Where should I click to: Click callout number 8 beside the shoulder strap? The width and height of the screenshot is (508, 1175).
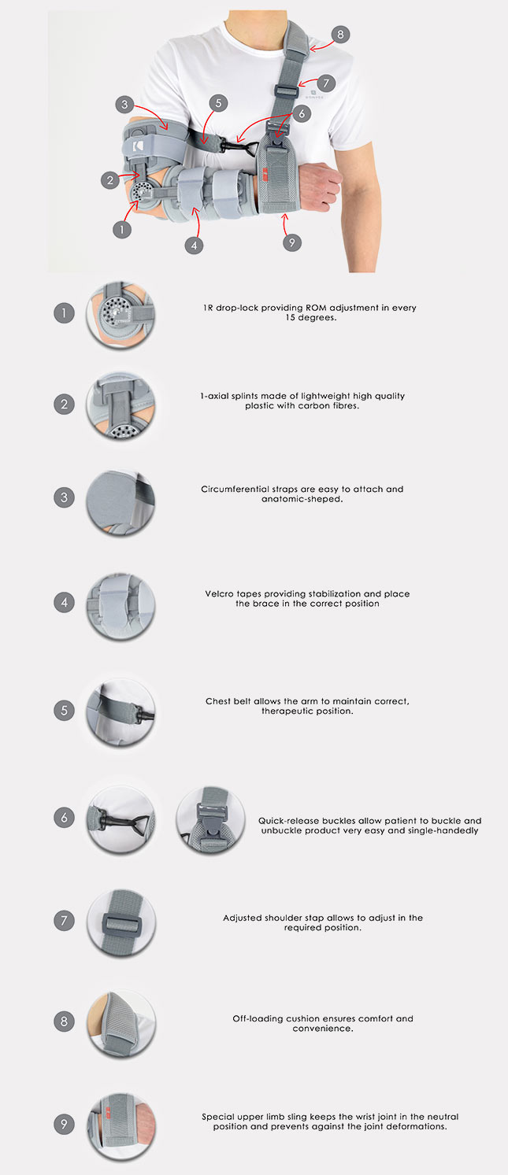tap(340, 35)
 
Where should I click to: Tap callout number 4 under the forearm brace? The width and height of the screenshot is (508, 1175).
tap(194, 245)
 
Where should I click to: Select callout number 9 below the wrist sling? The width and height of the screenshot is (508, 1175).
tap(291, 242)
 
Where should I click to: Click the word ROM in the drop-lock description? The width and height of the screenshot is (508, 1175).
tap(316, 308)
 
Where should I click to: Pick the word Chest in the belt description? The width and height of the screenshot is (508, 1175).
tap(217, 701)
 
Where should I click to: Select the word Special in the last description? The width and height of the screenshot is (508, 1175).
tap(217, 1117)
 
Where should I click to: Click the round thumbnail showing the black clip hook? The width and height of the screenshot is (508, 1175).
tap(121, 818)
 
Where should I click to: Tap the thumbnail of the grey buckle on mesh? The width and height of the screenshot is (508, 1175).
tap(210, 819)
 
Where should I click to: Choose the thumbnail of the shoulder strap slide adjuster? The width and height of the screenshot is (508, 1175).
tap(121, 922)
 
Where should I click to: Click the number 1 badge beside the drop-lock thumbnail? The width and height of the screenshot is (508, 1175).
tap(64, 313)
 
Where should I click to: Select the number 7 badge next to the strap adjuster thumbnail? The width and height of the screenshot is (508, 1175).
tap(64, 920)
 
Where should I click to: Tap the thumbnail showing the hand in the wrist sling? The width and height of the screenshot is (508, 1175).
tap(121, 1126)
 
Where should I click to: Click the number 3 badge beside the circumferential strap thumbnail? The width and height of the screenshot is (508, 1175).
tap(64, 497)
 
